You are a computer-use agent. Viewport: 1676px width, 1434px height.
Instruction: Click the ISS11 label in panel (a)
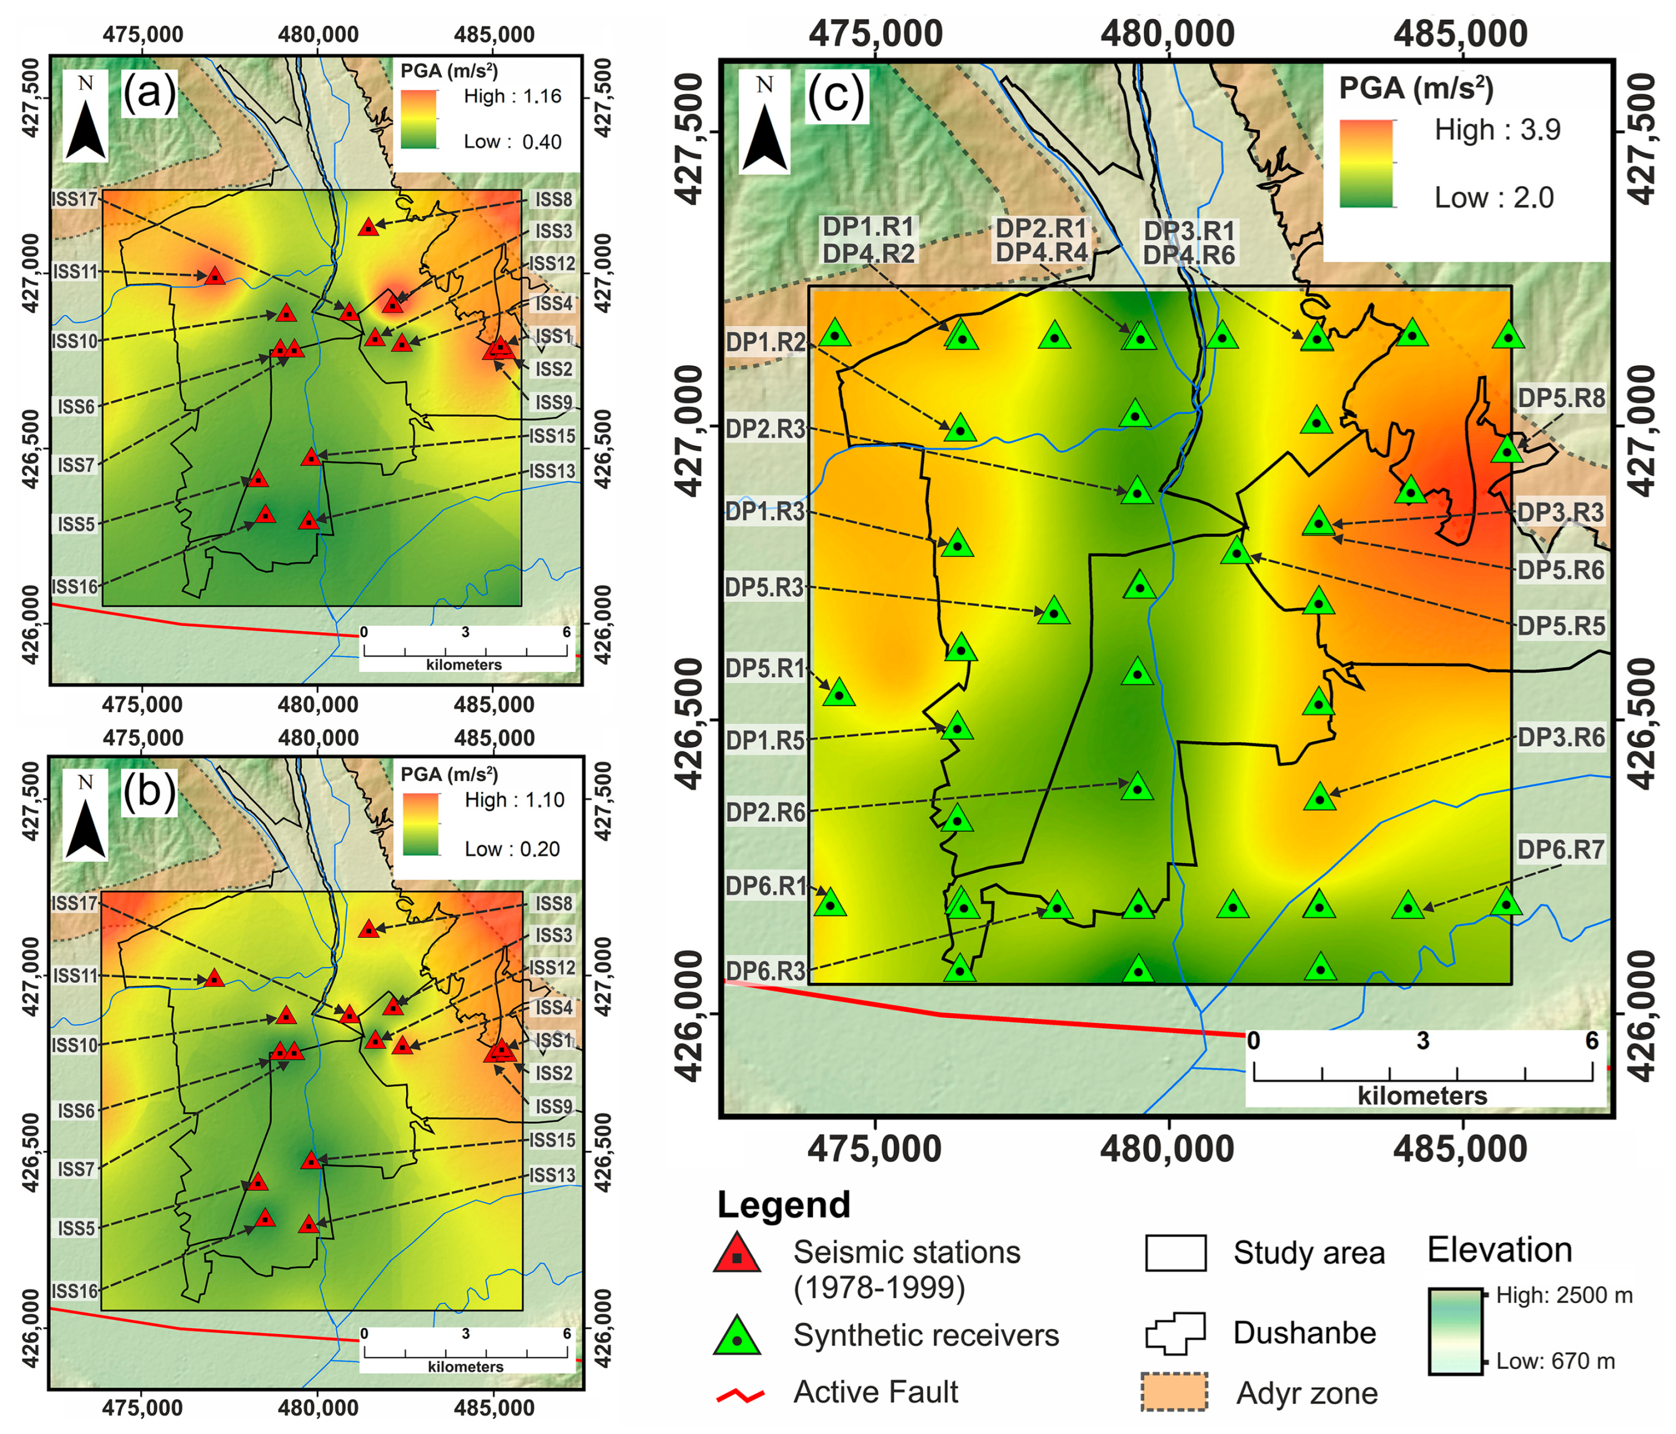click(x=75, y=272)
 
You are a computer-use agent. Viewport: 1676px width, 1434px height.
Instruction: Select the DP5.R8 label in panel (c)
click(x=1561, y=398)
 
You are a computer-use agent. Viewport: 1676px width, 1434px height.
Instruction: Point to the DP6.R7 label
click(x=1561, y=849)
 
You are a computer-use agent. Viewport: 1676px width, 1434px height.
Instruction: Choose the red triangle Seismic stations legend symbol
click(x=736, y=1254)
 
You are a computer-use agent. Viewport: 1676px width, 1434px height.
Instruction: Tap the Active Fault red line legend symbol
click(x=740, y=1395)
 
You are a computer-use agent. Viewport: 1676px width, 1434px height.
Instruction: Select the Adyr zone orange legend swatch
click(x=1174, y=1393)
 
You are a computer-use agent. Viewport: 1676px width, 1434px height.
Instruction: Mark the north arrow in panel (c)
click(x=764, y=123)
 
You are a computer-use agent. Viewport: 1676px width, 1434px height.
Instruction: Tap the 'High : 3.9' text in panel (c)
click(x=1497, y=129)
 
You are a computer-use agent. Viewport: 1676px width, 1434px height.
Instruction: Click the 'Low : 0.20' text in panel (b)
click(x=512, y=849)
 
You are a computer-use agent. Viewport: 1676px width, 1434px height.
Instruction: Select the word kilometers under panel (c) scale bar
click(x=1422, y=1096)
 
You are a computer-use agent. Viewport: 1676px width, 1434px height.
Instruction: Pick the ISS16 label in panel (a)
click(x=75, y=586)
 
